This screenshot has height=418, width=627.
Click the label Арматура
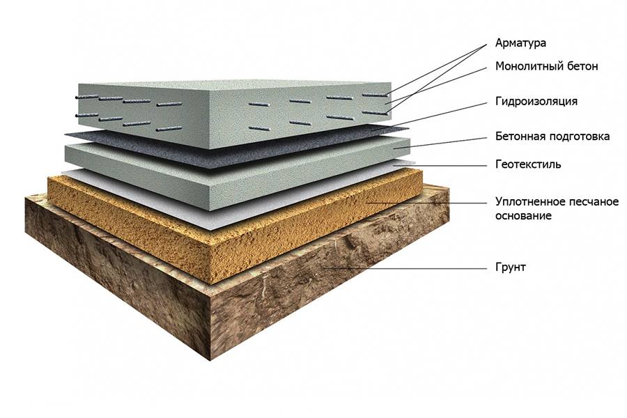point(520,42)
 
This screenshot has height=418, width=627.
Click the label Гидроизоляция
point(536,101)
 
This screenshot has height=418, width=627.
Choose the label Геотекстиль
point(528,164)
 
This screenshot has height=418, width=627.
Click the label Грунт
point(510,268)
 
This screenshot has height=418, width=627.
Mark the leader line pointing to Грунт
point(405,268)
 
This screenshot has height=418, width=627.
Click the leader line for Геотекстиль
point(440,165)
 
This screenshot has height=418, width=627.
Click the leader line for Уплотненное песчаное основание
point(426,203)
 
